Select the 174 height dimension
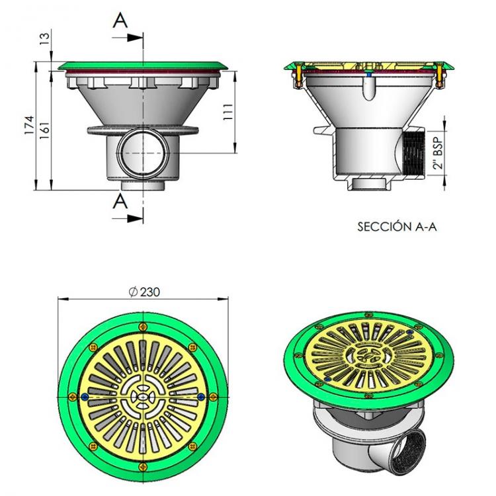(28, 126)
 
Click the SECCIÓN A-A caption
(397, 227)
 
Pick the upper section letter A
(120, 22)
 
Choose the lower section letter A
(120, 202)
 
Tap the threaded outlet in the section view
(411, 154)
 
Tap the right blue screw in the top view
(201, 396)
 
